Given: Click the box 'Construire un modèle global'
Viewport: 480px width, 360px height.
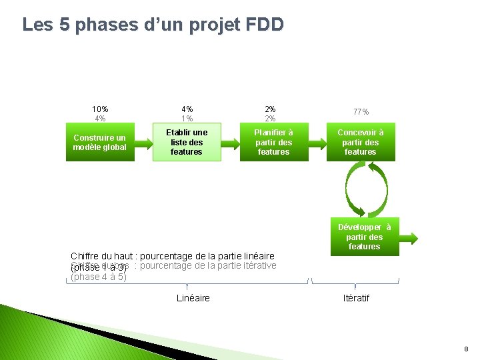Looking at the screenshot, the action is point(99,142).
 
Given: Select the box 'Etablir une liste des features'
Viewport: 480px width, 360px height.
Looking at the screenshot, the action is point(187,142).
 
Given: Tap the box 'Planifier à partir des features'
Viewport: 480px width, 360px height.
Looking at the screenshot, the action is point(273,142).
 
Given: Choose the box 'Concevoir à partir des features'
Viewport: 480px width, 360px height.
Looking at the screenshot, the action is point(361,142).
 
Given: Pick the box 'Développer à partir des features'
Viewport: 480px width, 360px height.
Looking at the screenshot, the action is point(364,237).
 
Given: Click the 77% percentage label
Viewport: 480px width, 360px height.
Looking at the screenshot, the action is point(361,112).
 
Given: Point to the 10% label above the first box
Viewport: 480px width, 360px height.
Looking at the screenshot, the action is point(101,109).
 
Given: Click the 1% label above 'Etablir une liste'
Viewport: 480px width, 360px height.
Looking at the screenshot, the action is point(187,119).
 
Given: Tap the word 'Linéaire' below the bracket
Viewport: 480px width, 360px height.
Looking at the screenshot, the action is point(193,298).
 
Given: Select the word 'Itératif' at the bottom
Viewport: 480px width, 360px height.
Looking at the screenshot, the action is point(356,298).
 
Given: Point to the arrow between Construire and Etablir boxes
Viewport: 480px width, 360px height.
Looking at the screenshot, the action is point(141,142).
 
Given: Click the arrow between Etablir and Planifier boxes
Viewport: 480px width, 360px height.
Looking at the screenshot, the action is point(229,142).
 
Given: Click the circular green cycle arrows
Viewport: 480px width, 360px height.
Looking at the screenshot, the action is point(365,189).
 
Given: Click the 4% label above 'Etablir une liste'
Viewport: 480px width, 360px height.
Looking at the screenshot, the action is point(187,109).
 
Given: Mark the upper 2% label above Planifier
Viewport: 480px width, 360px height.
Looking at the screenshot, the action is point(270,109).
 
